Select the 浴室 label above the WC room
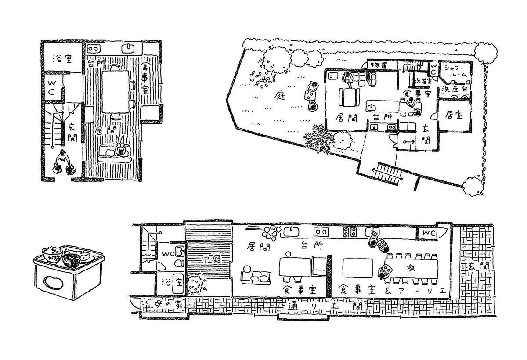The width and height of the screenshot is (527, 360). (x=62, y=58)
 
